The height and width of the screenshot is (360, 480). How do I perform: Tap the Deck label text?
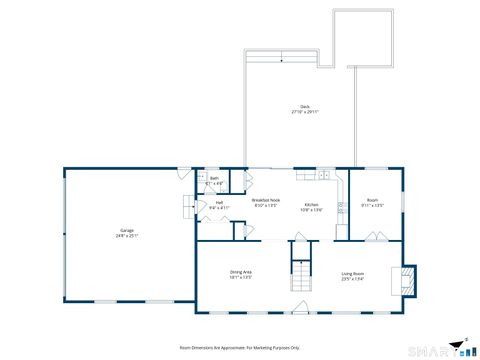point(304,107)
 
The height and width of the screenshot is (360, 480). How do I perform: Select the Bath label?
point(214,178)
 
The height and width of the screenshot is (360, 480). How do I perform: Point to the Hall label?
point(218,202)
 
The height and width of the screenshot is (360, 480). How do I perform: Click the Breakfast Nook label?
point(266,201)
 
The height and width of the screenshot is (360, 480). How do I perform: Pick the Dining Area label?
point(240,271)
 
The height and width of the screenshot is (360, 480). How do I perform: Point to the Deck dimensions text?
point(304,113)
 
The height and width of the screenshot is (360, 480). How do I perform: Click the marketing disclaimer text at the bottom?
point(239,347)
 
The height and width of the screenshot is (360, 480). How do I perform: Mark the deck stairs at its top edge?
point(281,60)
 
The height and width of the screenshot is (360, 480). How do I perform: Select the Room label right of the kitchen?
point(372,200)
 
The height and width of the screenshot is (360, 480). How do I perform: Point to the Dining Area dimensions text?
point(240,277)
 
